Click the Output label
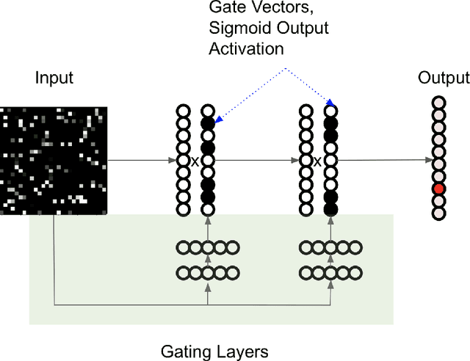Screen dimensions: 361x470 tap(443, 79)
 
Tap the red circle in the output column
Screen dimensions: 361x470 tap(438, 189)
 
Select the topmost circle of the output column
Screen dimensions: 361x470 tap(438, 103)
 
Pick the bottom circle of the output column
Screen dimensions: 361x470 tap(438, 213)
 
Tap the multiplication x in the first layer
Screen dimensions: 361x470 tap(195, 161)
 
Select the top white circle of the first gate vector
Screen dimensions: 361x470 tap(207, 112)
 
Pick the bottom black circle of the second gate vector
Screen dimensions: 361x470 tap(330, 210)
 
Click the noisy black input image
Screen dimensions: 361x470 tap(53, 160)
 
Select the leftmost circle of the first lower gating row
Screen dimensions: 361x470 tap(182, 273)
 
